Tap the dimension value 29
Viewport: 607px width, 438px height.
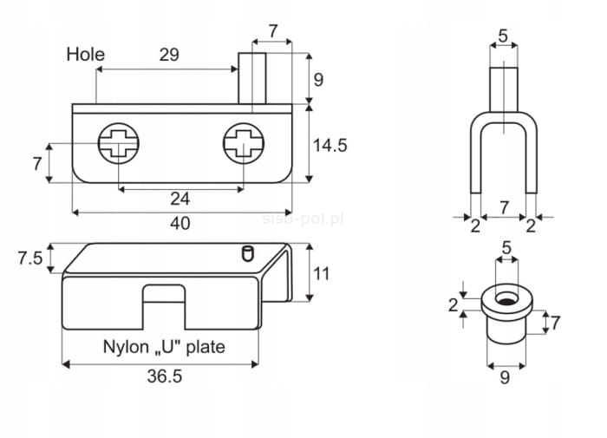(169, 55)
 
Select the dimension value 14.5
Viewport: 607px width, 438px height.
(330, 145)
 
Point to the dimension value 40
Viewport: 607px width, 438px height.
(179, 223)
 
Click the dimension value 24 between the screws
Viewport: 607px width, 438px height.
(179, 199)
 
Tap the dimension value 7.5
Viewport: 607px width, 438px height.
(29, 258)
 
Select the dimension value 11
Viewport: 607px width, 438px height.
(322, 273)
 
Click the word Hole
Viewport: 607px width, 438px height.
(86, 55)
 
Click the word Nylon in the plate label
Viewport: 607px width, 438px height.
(126, 347)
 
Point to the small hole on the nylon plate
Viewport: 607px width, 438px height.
(246, 253)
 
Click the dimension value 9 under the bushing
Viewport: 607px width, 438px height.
(506, 377)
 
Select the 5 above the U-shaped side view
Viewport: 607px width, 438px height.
(504, 36)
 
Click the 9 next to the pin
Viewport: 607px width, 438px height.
(317, 79)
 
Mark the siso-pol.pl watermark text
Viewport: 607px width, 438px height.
(303, 217)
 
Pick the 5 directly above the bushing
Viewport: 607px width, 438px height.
(506, 248)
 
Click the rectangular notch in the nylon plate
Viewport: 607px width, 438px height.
(165, 298)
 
